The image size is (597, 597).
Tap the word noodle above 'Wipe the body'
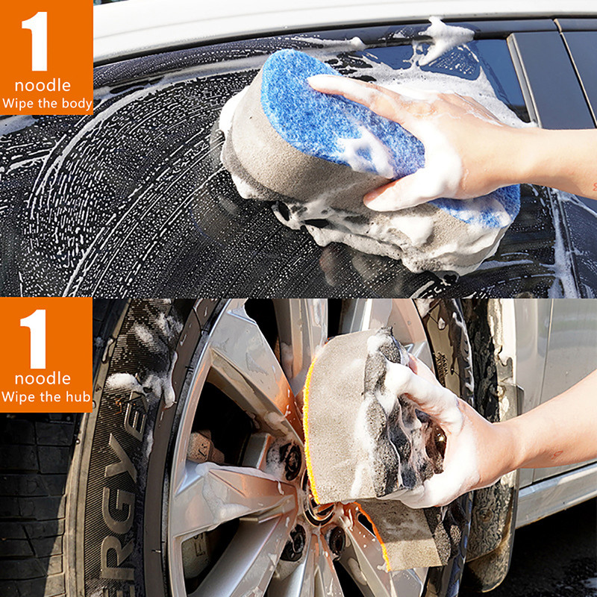43,85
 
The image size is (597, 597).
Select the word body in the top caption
76,104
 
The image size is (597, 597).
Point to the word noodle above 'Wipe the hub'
43,378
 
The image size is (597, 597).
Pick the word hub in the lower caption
75,396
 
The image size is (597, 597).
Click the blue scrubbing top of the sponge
328,112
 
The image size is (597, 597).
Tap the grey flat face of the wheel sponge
336,418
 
